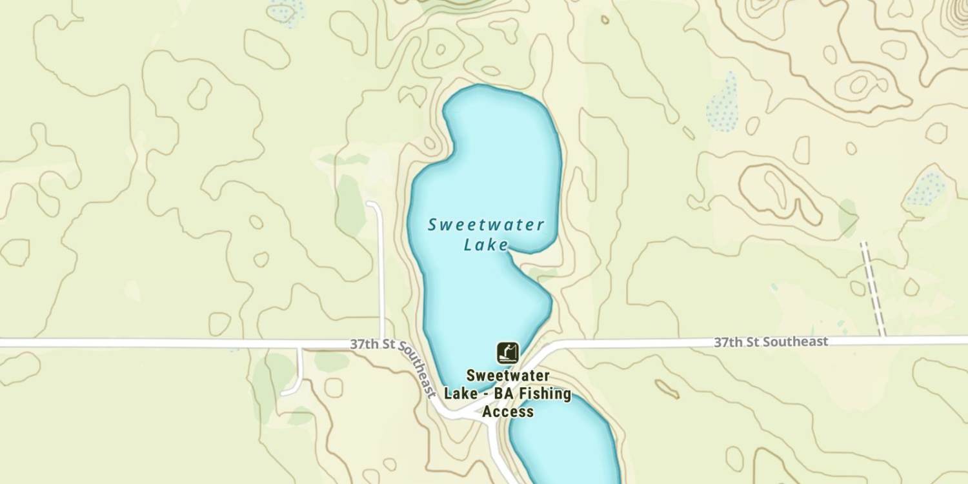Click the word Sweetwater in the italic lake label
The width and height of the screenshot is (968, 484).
(486, 225)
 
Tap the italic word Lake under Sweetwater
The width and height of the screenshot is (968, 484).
(486, 245)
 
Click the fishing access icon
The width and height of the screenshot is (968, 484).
(508, 353)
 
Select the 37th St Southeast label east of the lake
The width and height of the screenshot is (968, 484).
(771, 342)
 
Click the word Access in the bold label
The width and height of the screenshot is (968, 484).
(508, 411)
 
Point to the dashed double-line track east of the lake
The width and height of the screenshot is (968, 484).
(874, 289)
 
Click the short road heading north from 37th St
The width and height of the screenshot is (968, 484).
(380, 265)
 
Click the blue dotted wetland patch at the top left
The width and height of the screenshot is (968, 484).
(285, 11)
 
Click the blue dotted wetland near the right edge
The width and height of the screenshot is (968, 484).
(926, 189)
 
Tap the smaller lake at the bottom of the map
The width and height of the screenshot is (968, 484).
(565, 445)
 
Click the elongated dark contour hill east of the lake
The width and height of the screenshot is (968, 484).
(781, 194)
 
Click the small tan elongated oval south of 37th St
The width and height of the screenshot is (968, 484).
(667, 388)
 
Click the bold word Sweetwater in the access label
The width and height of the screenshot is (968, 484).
(508, 376)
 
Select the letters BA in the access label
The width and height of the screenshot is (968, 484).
(501, 394)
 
